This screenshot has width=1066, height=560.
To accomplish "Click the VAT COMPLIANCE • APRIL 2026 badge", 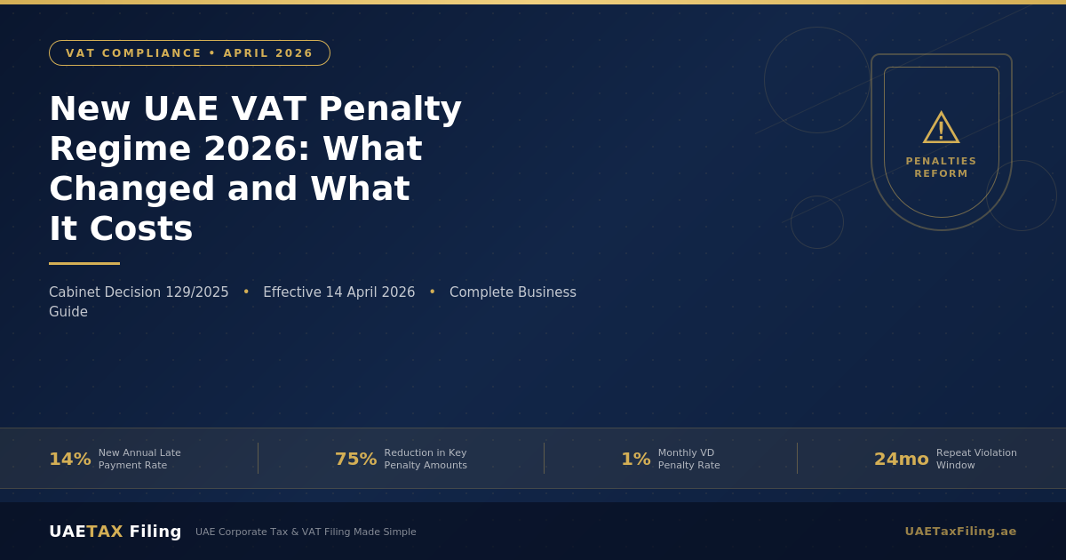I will [x=189, y=53].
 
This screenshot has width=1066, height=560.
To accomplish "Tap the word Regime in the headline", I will [x=118, y=149].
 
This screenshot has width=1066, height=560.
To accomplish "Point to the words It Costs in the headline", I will [x=121, y=228].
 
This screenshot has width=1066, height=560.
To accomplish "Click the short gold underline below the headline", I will [x=84, y=263].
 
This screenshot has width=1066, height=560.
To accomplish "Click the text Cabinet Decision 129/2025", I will [x=139, y=292].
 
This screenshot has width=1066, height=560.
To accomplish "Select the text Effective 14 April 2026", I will [x=338, y=292].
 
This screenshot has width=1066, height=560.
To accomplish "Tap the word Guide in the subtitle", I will [x=68, y=312].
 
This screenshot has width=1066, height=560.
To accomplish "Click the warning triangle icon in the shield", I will [x=941, y=128].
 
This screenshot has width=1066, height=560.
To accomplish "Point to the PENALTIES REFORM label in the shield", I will [x=941, y=168].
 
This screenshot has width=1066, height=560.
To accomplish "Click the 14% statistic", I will [x=70, y=460].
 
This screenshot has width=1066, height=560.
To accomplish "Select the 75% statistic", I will [x=355, y=460].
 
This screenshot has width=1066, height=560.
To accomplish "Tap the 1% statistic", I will [x=635, y=460].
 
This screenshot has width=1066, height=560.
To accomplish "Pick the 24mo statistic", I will [x=901, y=460].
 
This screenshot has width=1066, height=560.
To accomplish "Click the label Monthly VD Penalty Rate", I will [x=688, y=460].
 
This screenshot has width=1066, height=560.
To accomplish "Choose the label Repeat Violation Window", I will [x=975, y=460].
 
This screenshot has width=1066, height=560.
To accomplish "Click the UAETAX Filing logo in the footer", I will [x=115, y=532].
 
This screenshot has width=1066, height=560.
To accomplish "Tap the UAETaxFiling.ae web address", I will [x=960, y=532].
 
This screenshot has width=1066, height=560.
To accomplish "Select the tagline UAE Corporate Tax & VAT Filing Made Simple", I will [x=306, y=532].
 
